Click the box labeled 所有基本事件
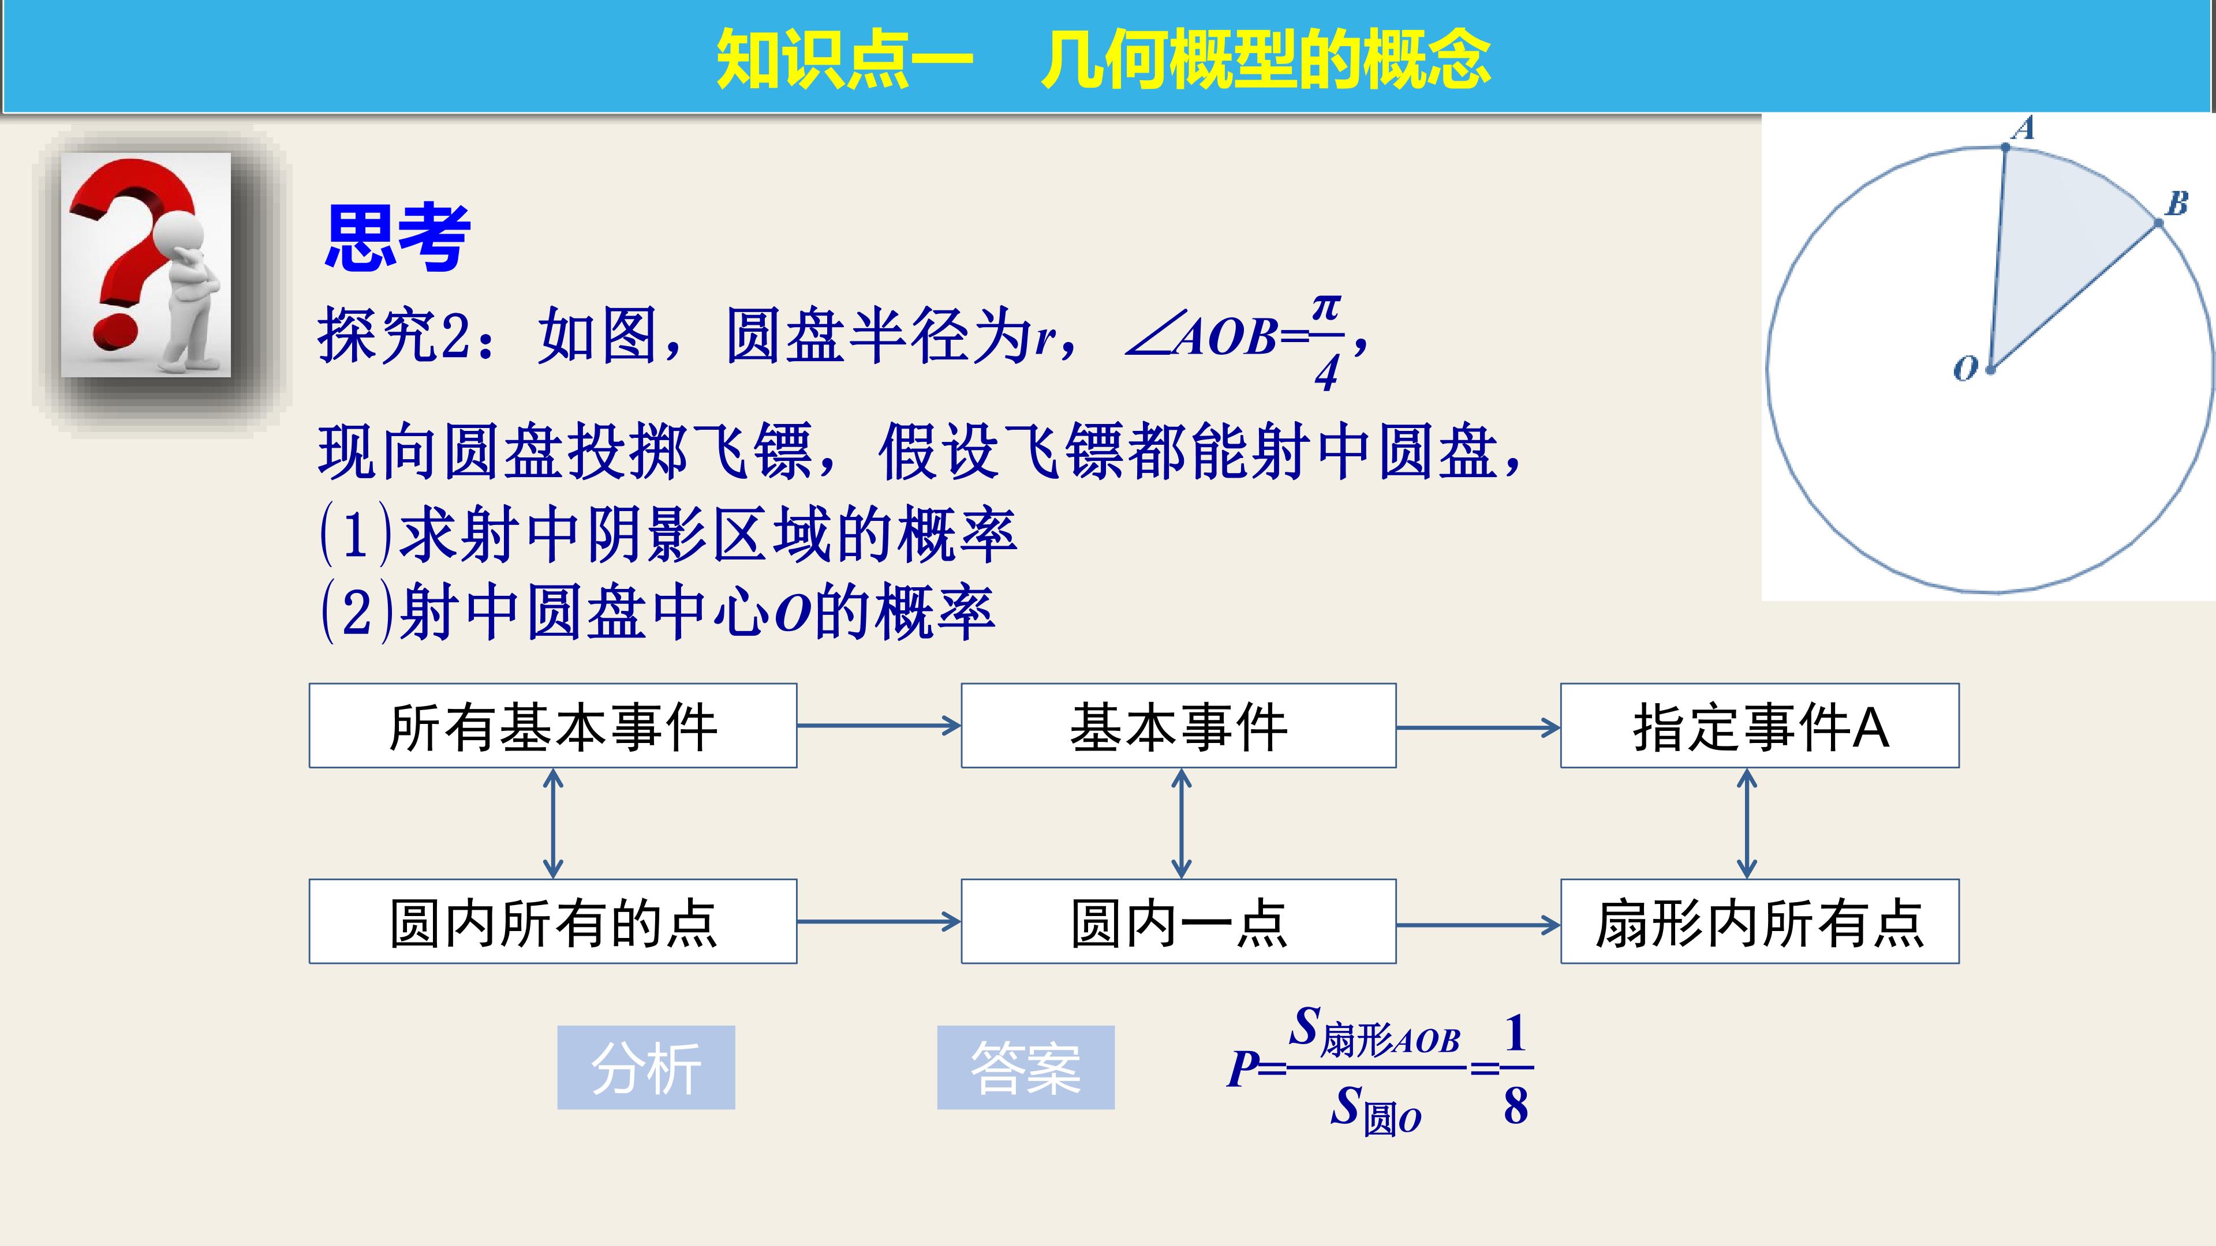click(553, 726)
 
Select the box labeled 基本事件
click(1179, 726)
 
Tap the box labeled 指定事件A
click(1760, 726)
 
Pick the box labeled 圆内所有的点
click(553, 921)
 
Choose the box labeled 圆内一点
click(1179, 921)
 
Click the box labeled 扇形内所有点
click(1760, 921)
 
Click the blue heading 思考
click(398, 237)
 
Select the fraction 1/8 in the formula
click(1516, 1069)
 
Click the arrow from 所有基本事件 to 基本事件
click(879, 726)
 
